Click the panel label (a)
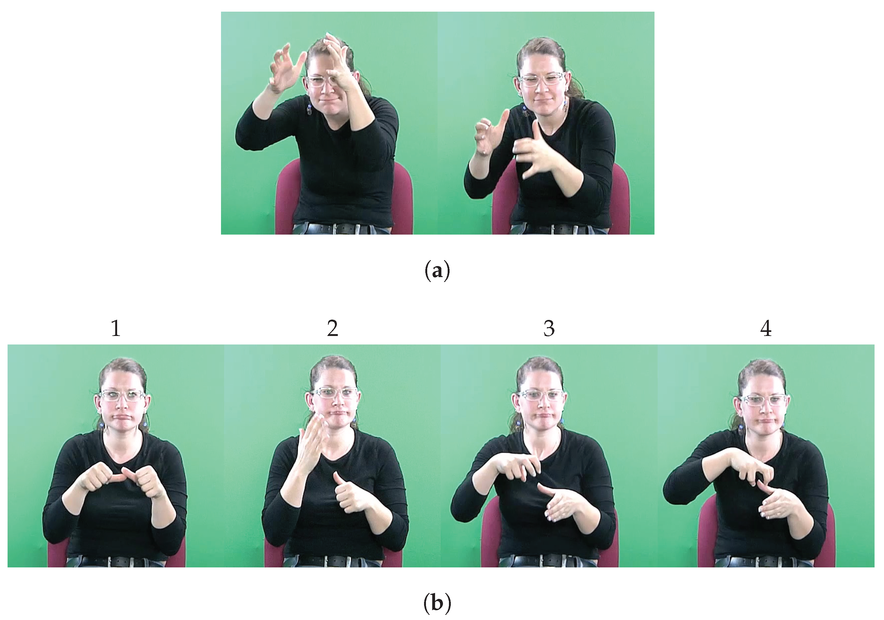(437, 271)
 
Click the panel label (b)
(437, 603)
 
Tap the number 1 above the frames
(116, 328)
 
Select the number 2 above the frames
(333, 328)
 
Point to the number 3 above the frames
(549, 328)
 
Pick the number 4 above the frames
(766, 328)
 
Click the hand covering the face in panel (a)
(339, 65)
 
